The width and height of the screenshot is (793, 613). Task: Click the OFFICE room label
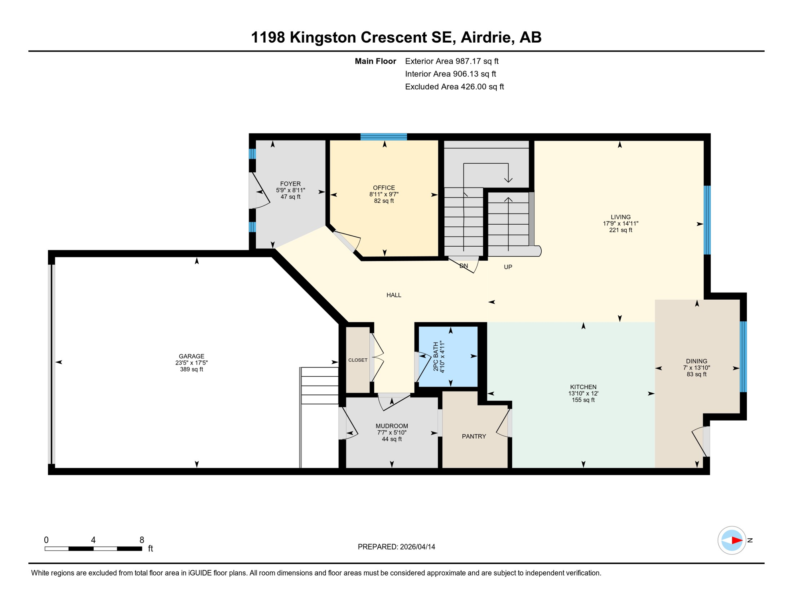coord(384,188)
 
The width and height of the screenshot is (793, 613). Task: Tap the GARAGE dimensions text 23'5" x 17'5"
coord(191,363)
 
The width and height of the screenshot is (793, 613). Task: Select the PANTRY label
coord(474,436)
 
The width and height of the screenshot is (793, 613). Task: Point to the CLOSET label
coord(358,360)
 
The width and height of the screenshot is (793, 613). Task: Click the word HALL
coord(394,295)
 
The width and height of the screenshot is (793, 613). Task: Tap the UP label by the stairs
coord(508,267)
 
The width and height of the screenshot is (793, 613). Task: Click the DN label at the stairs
coord(464,266)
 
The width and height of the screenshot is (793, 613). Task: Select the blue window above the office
coord(383,137)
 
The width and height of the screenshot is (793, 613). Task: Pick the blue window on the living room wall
coord(707,220)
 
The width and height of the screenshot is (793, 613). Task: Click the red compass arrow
coord(736,540)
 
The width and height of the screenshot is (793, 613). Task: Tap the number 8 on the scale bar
coord(142,540)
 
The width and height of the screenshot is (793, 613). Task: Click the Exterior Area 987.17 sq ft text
coord(452,61)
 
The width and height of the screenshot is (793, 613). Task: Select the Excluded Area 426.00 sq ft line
coord(454,87)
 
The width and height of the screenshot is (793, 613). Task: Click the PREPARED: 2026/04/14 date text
coord(396,547)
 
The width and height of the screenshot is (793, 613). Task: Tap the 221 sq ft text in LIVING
coord(620,230)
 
